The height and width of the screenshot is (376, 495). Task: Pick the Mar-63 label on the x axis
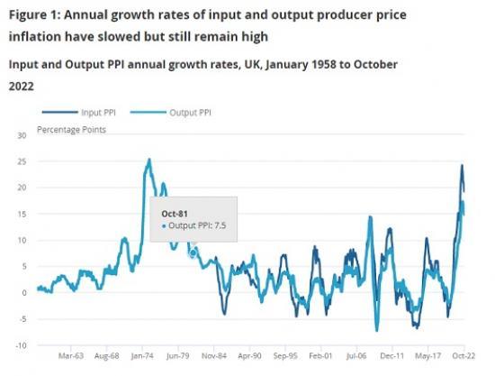[71, 356]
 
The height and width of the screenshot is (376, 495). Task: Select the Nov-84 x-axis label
[213, 356]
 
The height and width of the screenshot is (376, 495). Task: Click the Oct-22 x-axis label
[463, 356]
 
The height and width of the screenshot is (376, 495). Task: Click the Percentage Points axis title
[71, 130]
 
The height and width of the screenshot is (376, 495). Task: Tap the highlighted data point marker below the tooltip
[193, 253]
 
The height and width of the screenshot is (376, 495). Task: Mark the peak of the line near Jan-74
[148, 160]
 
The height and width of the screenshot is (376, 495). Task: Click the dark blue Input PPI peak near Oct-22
[462, 165]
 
